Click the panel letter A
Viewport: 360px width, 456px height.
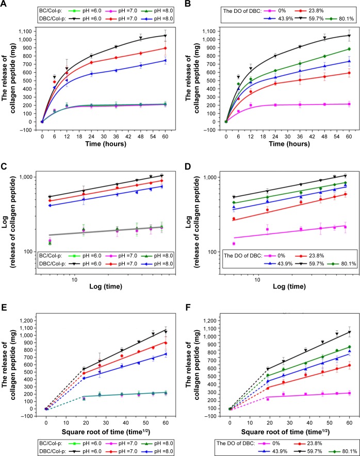[5, 4]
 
